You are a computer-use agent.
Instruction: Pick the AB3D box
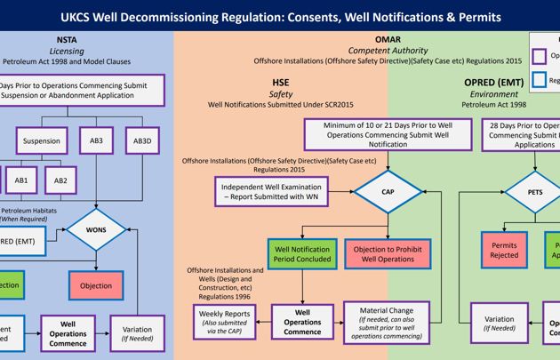(x=142, y=140)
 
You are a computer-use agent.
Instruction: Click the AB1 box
(x=21, y=180)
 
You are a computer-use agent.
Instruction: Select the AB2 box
(x=60, y=180)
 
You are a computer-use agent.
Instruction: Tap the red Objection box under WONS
(x=96, y=285)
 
